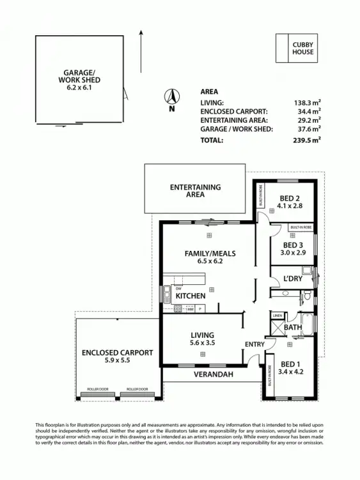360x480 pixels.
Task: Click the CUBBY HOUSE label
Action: (303, 48)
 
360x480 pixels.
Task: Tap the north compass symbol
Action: (171, 97)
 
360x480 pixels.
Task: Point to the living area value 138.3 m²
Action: (306, 102)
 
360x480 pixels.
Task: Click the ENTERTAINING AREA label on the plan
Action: (195, 191)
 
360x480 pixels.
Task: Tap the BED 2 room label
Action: (292, 198)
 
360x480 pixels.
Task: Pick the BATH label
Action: (293, 328)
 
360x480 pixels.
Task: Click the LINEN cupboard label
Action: (277, 316)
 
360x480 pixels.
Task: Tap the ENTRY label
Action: (254, 344)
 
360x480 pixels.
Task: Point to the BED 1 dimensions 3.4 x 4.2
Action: (292, 370)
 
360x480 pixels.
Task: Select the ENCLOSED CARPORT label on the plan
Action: (117, 353)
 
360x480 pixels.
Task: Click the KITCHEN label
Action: (191, 296)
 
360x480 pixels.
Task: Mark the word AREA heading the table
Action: (209, 92)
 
